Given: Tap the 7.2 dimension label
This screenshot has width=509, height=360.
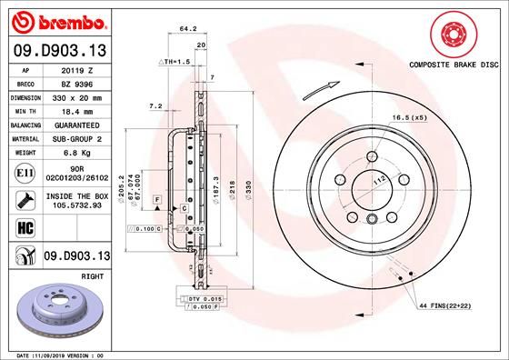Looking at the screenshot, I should point(155,106).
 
